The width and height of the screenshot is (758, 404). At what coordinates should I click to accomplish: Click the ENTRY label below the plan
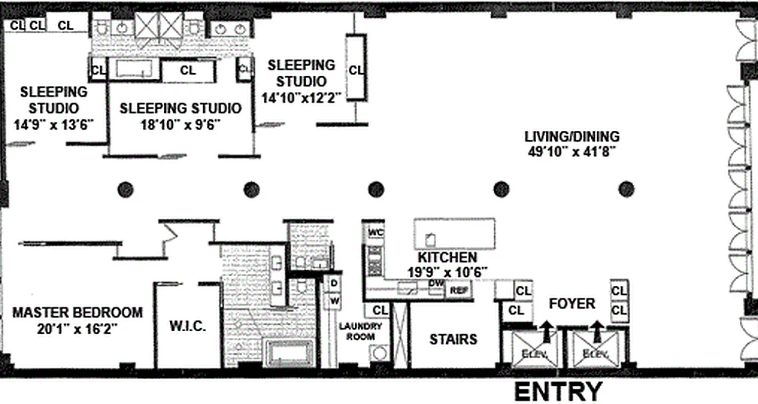(x=558, y=392)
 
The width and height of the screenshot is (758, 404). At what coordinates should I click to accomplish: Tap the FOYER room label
(x=572, y=304)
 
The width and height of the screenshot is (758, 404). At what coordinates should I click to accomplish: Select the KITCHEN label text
(x=447, y=258)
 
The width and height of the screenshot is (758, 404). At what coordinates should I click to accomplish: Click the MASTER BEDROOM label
(x=77, y=312)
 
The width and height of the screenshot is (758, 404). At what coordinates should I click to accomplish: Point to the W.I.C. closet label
(x=187, y=326)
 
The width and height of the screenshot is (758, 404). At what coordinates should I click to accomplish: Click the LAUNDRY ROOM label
(x=360, y=331)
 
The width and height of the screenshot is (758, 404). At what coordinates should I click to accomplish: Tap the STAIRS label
(x=453, y=339)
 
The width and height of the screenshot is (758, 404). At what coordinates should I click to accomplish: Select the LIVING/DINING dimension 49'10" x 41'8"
(x=572, y=151)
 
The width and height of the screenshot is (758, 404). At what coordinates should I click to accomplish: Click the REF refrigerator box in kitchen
(x=459, y=290)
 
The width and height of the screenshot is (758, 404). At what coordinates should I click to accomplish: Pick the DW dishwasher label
(x=436, y=283)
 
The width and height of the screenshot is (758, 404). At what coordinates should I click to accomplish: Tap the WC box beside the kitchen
(x=375, y=232)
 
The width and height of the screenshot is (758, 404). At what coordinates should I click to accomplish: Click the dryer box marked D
(x=334, y=283)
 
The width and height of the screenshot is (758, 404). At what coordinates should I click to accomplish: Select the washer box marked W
(x=334, y=301)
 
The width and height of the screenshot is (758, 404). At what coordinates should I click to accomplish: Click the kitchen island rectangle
(x=454, y=234)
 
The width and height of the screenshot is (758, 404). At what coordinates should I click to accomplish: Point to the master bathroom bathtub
(x=290, y=353)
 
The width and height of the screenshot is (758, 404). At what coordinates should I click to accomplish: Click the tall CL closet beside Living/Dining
(x=356, y=68)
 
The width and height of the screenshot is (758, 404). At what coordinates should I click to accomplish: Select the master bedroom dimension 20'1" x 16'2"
(x=77, y=329)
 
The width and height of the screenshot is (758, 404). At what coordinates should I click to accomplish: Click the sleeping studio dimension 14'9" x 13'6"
(x=53, y=124)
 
